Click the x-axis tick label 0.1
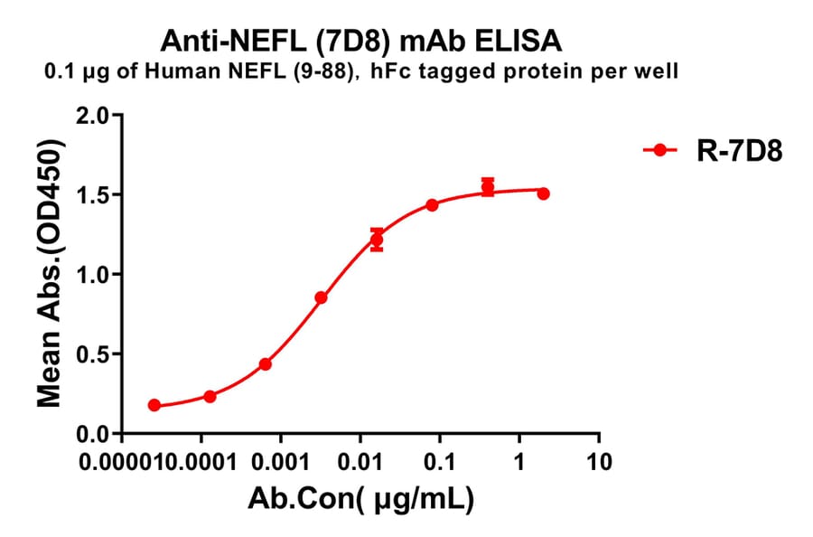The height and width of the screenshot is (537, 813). [x=440, y=463]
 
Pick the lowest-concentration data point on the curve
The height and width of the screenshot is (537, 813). [x=154, y=405]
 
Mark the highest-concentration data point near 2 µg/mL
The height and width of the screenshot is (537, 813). [x=543, y=193]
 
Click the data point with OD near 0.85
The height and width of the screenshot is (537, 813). [x=321, y=297]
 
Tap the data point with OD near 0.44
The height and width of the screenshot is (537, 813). [x=265, y=363]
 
